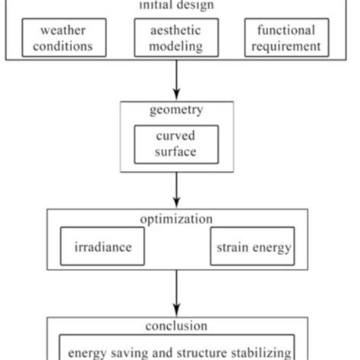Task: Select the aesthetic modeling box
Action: pos(176,38)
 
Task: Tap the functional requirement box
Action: pos(288,38)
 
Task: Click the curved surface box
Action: pos(176,144)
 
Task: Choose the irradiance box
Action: pos(103,247)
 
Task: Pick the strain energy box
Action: pos(251,247)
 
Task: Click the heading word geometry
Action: pos(176,110)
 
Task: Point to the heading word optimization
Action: pos(176,219)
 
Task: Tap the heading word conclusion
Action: pos(176,327)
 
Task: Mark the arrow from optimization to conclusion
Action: pos(176,292)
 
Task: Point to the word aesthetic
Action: pos(176,30)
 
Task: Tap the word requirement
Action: pos(288,46)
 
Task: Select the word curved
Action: pos(176,137)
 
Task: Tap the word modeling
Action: pos(176,46)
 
